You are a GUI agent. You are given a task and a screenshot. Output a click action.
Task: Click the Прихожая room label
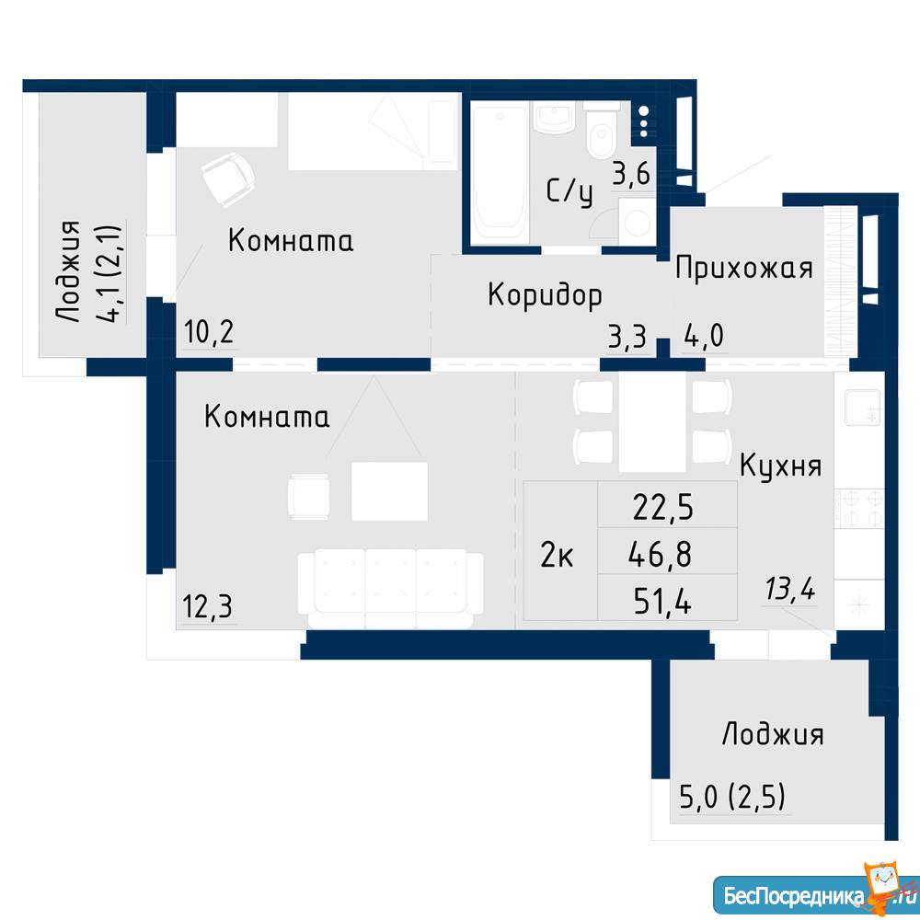coord(744,269)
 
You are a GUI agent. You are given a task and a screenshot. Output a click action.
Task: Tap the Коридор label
coord(545,294)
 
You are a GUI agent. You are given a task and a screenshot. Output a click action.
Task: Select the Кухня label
coord(780,466)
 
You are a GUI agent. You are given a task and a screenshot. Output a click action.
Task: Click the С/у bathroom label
coord(569,192)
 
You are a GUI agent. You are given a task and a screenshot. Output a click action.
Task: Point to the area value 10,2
coord(209,332)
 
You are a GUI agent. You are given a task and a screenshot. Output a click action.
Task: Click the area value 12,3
coord(208,606)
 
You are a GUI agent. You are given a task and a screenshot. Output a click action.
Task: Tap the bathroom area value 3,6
coord(631,174)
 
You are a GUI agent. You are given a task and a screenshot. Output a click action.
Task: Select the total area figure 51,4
coord(662,602)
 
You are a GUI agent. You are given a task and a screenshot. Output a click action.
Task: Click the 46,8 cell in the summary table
coord(660,555)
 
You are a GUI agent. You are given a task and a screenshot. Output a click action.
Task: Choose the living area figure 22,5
coord(663,508)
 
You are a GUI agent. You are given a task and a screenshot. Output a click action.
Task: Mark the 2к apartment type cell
coord(557,555)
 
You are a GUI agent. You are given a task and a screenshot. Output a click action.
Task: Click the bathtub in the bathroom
coord(500,173)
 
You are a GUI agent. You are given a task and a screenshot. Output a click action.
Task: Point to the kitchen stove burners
coord(859,509)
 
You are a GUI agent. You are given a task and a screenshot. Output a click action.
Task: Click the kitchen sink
coord(862,408)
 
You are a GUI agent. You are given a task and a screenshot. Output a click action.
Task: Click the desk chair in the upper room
coord(228,179)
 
